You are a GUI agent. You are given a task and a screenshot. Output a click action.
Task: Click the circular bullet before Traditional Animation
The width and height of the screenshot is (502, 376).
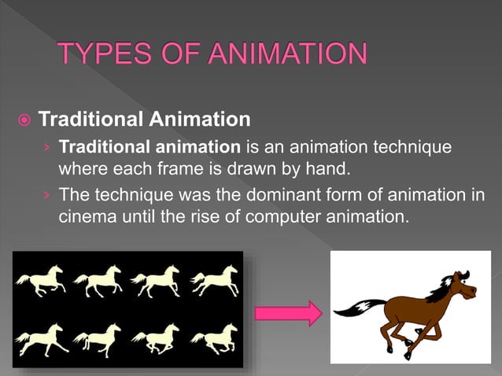point(25,121)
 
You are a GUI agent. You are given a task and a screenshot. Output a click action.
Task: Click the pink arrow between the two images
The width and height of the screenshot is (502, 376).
point(289,313)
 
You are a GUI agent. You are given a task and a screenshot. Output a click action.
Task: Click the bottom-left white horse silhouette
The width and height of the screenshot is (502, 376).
point(41,339)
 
